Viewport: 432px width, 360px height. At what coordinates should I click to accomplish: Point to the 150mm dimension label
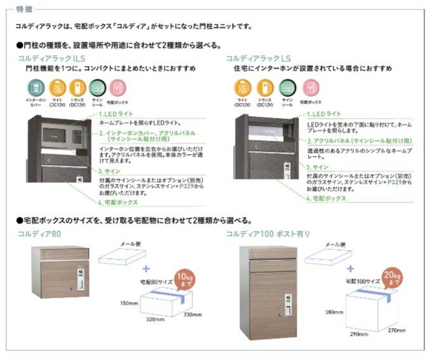(x=130, y=303)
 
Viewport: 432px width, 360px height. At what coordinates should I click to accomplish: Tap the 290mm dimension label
(x=359, y=334)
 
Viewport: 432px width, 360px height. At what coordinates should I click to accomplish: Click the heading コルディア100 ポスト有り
(x=268, y=234)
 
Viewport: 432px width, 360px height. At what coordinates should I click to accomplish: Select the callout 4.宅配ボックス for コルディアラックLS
(x=326, y=199)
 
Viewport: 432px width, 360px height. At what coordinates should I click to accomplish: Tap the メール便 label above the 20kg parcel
(x=336, y=243)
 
